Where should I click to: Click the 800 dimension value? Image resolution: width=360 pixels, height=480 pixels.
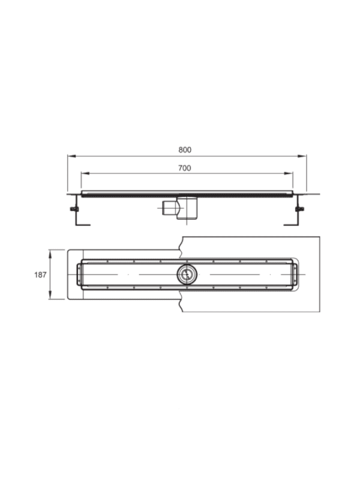185,149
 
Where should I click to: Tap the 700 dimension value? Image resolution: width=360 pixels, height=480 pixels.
185,168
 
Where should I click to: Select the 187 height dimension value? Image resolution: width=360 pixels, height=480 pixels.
40,275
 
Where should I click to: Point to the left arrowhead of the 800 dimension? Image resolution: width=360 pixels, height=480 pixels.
71,156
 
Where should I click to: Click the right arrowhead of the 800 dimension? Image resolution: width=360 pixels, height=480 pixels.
302,156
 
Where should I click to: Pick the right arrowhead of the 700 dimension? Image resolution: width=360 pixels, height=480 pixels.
289,173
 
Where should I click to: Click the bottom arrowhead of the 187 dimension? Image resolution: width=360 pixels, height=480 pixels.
50,295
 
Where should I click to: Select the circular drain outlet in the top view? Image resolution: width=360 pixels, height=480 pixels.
187,274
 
